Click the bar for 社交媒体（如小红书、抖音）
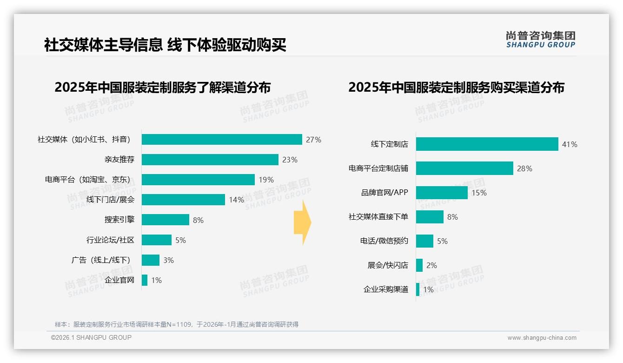[x=222, y=140]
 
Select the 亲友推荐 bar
[x=210, y=160]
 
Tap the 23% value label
[x=290, y=160]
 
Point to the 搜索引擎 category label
[x=119, y=220]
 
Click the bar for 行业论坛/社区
[x=157, y=240]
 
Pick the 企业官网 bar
[x=145, y=280]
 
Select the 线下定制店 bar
[x=487, y=144]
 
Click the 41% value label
[x=570, y=144]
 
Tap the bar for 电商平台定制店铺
[x=464, y=168]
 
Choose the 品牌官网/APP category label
[x=384, y=193]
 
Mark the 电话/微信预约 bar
[x=424, y=241]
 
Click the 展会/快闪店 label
[x=388, y=265]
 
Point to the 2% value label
[x=431, y=265]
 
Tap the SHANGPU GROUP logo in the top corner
[x=541, y=40]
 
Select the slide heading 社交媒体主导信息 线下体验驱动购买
[x=165, y=45]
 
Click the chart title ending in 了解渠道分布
[x=162, y=87]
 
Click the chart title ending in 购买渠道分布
[x=456, y=87]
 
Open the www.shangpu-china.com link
[x=542, y=338]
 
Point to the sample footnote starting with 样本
[x=177, y=324]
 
